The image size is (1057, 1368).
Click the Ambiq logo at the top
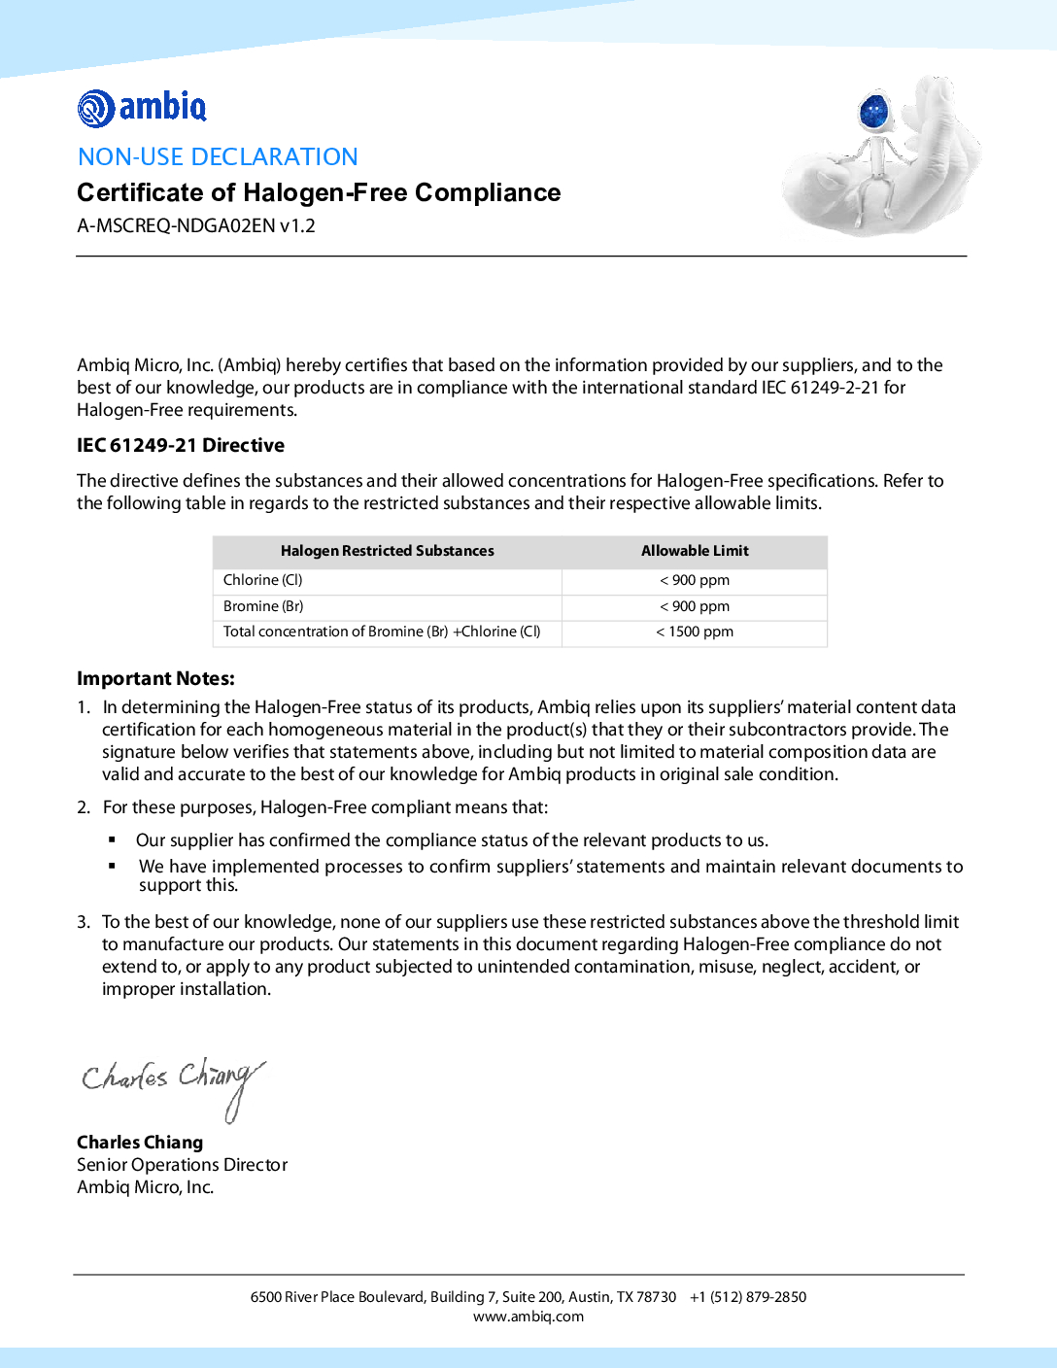point(142,108)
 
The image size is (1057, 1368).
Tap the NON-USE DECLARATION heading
point(218,156)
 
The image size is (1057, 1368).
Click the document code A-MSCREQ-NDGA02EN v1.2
point(196,225)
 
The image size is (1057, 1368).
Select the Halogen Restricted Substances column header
point(387,551)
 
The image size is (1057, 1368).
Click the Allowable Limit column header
point(695,551)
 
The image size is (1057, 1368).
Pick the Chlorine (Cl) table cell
point(263,580)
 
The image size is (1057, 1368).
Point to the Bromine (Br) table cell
point(263,606)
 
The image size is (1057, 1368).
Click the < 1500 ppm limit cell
point(695,632)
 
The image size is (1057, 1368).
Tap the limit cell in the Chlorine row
point(695,580)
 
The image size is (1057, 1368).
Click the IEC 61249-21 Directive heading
point(181,445)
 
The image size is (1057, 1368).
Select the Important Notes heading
point(155,678)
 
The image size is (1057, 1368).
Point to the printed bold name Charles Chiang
point(140,1142)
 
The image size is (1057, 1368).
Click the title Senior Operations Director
point(182,1164)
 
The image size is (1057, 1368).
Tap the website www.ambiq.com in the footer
point(528,1317)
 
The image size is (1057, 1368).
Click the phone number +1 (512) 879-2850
point(748,1297)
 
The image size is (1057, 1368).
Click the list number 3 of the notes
point(84,922)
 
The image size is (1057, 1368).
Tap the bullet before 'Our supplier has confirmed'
point(113,839)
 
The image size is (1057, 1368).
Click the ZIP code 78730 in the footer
point(657,1297)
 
